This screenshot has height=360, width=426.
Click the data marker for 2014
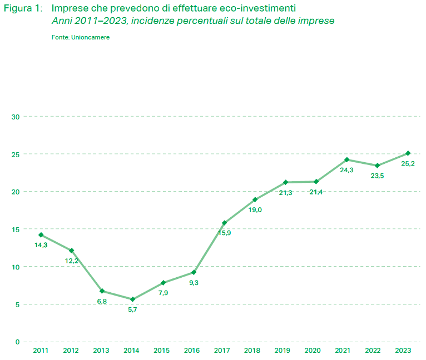pos(132,299)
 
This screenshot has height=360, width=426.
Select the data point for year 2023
pos(408,153)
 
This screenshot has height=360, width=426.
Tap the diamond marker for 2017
pos(224,223)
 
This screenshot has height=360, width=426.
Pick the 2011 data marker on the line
pos(41,234)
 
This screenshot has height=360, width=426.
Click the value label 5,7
pos(132,309)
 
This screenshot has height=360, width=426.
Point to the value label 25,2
pos(408,163)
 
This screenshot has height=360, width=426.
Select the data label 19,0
pos(255,210)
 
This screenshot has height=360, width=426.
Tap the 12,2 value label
pos(72,261)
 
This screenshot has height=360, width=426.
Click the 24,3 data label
pos(346,170)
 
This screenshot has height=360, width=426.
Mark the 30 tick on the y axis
pos(15,117)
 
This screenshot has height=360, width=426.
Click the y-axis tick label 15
pos(16,229)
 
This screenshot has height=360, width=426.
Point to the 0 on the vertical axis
pos(17,342)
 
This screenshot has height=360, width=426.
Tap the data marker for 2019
pos(285,182)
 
